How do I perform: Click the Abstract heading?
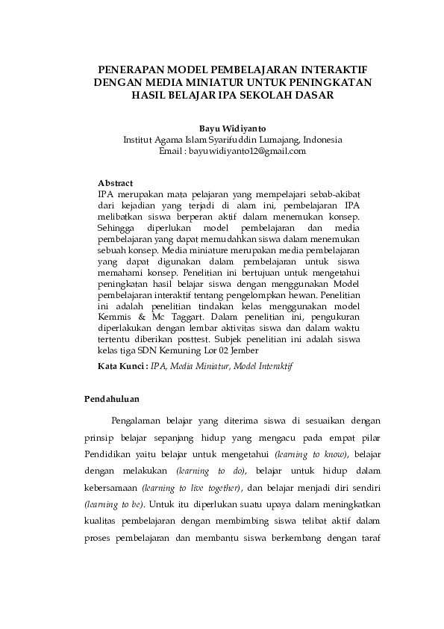(116, 183)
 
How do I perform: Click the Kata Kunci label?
(123, 366)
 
